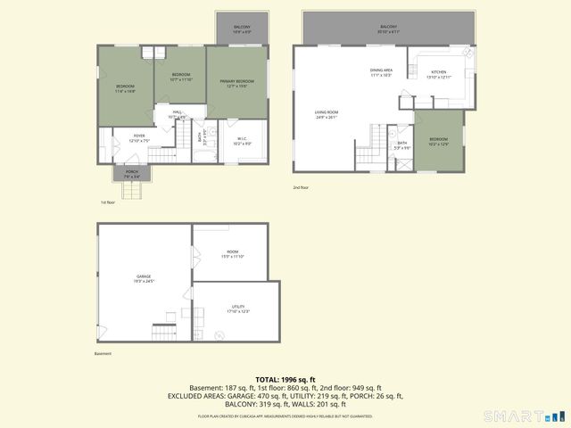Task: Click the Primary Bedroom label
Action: click(236, 83)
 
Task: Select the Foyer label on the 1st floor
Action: click(137, 138)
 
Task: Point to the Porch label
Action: click(131, 174)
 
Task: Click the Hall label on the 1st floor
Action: click(178, 113)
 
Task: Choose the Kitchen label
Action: click(439, 74)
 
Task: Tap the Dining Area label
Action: click(381, 73)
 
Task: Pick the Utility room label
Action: click(238, 309)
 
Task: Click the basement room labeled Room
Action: click(233, 254)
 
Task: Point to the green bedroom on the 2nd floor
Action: click(439, 141)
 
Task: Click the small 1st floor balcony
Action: click(242, 29)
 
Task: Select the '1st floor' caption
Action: click(108, 202)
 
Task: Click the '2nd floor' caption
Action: click(301, 187)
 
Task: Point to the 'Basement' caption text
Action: click(103, 354)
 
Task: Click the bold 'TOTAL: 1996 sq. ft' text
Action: click(285, 379)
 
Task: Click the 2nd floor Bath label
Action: click(402, 144)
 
